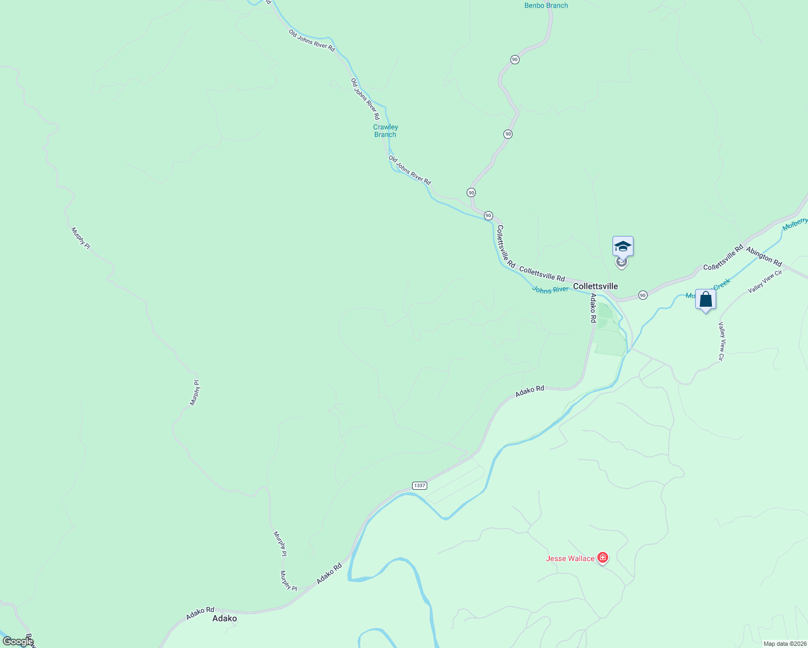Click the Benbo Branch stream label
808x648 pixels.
tap(546, 6)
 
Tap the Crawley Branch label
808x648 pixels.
tap(386, 131)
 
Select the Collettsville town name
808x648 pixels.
tap(595, 286)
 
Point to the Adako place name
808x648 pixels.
tap(225, 618)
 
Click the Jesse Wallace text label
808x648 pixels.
tap(570, 558)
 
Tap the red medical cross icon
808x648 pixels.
tap(603, 558)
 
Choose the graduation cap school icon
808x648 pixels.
tap(623, 246)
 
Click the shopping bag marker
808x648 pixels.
tap(705, 299)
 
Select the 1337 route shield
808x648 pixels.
tap(420, 485)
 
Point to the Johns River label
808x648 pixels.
tap(550, 289)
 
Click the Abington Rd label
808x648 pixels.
tap(764, 256)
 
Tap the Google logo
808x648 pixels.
tap(18, 641)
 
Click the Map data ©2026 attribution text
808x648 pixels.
tap(784, 644)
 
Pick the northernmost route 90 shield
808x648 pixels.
tap(515, 59)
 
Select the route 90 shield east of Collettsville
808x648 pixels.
tap(642, 295)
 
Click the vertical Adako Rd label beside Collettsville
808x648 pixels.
tap(593, 308)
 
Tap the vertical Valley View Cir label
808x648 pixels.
tap(721, 341)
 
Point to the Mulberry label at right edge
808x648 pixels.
tap(795, 224)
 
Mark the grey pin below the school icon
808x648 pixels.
tap(622, 264)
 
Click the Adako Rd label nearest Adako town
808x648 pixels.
tap(200, 613)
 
